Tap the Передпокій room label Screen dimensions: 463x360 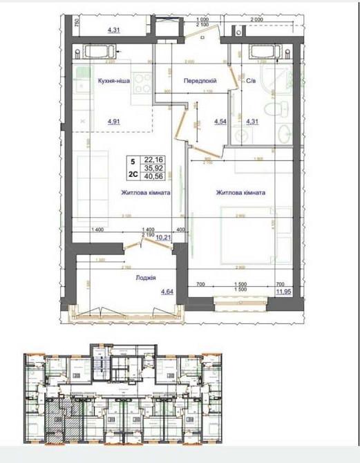(x=200, y=81)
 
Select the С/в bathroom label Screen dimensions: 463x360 (x=253, y=81)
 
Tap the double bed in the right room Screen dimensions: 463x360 (x=242, y=231)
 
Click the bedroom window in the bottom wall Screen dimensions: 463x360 (x=240, y=301)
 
